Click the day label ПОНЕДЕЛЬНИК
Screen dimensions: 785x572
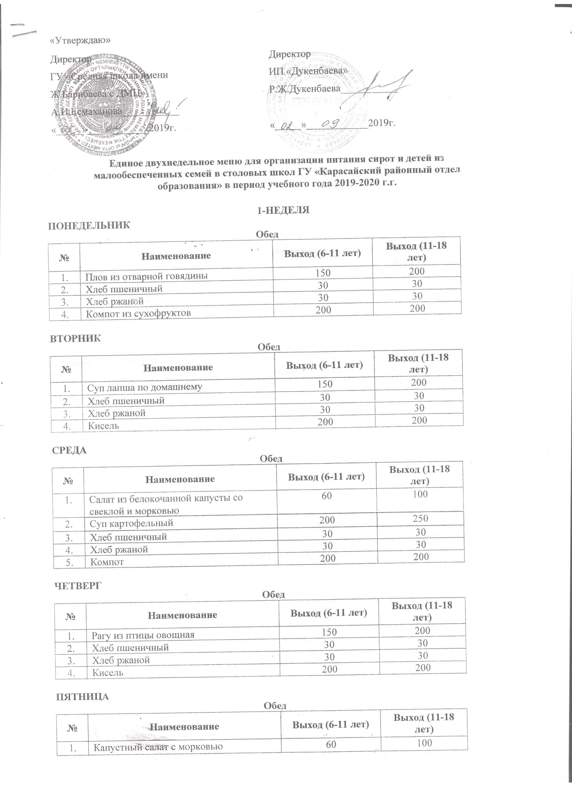pyautogui.click(x=89, y=226)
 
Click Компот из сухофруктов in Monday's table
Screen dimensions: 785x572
pyautogui.click(x=138, y=314)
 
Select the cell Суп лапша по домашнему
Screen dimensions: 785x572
pyautogui.click(x=145, y=387)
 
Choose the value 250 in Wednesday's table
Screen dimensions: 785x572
pyautogui.click(x=421, y=518)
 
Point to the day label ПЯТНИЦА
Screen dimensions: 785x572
pyautogui.click(x=82, y=697)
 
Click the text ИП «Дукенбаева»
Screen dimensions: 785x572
pyautogui.click(x=308, y=71)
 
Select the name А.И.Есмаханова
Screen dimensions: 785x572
pyautogui.click(x=87, y=111)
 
